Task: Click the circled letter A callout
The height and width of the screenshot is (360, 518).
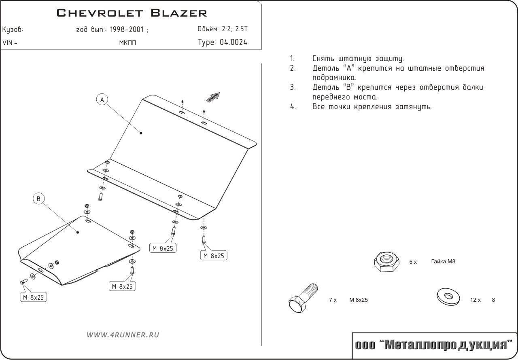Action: click(x=102, y=100)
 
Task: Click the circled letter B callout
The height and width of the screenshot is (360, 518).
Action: click(x=38, y=198)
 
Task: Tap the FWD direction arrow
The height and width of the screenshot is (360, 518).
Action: click(x=213, y=97)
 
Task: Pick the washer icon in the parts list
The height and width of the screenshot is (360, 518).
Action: click(x=449, y=297)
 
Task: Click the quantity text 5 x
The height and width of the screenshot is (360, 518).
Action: click(x=413, y=262)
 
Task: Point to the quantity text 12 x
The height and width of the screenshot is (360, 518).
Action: click(x=475, y=300)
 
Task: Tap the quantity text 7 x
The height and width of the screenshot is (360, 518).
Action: click(x=333, y=300)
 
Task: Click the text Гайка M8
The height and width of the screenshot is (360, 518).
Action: click(x=443, y=261)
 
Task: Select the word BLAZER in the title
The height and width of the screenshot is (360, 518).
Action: click(x=179, y=13)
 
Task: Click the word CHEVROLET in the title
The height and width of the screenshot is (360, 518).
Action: click(x=100, y=13)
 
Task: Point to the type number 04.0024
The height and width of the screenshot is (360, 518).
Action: click(x=234, y=42)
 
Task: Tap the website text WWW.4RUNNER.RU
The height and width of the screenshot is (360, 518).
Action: click(x=123, y=335)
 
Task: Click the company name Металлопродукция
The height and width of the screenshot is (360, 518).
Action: click(x=445, y=345)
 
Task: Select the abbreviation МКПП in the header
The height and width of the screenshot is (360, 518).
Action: click(x=127, y=43)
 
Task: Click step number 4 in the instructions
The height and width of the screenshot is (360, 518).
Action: click(x=293, y=107)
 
